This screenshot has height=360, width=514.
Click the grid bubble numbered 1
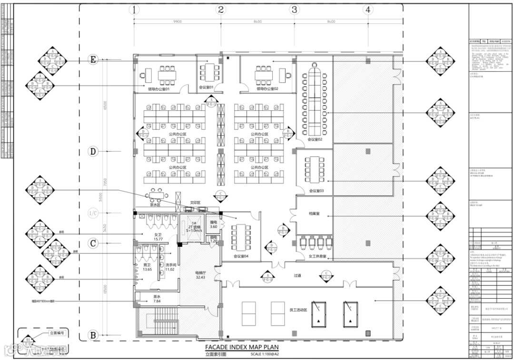(135, 10)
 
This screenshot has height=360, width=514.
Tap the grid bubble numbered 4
(367, 10)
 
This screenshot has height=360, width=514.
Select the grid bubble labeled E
(93, 60)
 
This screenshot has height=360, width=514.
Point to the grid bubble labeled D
(93, 151)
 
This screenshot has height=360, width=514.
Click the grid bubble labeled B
(93, 335)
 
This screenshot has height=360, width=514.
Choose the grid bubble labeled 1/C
(93, 213)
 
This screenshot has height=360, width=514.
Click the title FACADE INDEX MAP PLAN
(242, 348)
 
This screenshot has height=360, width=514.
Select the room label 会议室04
(241, 257)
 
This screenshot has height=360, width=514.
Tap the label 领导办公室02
(267, 89)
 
